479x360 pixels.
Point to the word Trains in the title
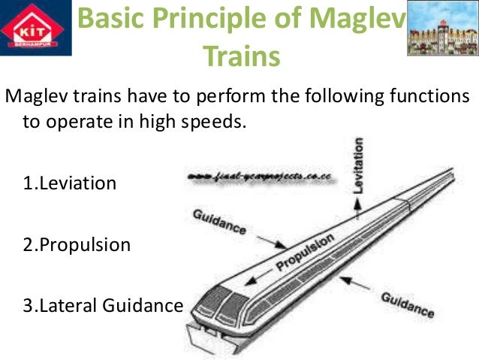pyautogui.click(x=242, y=55)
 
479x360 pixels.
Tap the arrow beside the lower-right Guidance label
pyautogui.click(x=360, y=282)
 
